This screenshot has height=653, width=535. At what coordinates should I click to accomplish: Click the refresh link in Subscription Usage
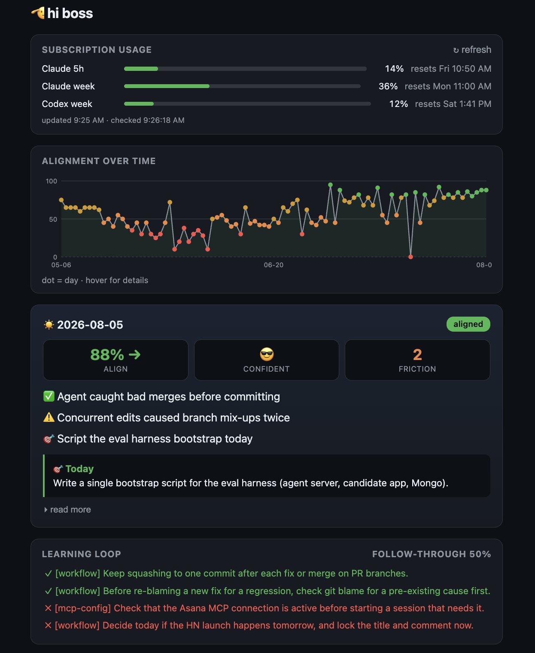pos(472,49)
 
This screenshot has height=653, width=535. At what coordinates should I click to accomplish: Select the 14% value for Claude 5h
pos(394,68)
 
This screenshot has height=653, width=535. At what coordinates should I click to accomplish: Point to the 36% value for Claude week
pos(388,86)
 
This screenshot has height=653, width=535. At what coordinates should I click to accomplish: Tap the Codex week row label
pos(67,104)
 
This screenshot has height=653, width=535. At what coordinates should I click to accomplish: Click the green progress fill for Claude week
pos(167,86)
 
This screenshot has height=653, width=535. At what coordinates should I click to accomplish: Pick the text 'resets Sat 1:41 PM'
pos(453,104)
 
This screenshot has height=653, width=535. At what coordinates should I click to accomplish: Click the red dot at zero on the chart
pos(410,256)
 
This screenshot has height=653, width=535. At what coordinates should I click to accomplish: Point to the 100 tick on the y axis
pos(52,181)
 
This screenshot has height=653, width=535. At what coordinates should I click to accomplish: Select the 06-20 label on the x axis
pos(274,265)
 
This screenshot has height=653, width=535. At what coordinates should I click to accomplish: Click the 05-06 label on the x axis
pos(61,265)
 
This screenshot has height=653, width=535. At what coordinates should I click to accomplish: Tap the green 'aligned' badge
pos(468,324)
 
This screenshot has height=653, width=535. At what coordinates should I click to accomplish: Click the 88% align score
pos(107,354)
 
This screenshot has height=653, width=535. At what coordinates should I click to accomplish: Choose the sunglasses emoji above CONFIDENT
pos(267,354)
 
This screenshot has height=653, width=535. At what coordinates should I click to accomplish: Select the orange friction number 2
pos(417,354)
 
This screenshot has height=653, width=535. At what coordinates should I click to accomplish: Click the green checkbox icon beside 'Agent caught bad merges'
pos(49,397)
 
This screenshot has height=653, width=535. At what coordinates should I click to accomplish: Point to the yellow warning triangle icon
pos(49,418)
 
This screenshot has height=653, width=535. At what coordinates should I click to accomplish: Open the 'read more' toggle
pos(67,510)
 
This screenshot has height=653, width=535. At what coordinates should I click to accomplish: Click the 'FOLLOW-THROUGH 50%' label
pos(432,554)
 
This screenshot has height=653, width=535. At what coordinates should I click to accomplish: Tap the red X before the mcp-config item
pos(48,608)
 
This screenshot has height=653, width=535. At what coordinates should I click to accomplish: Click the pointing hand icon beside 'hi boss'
pos(38,13)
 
